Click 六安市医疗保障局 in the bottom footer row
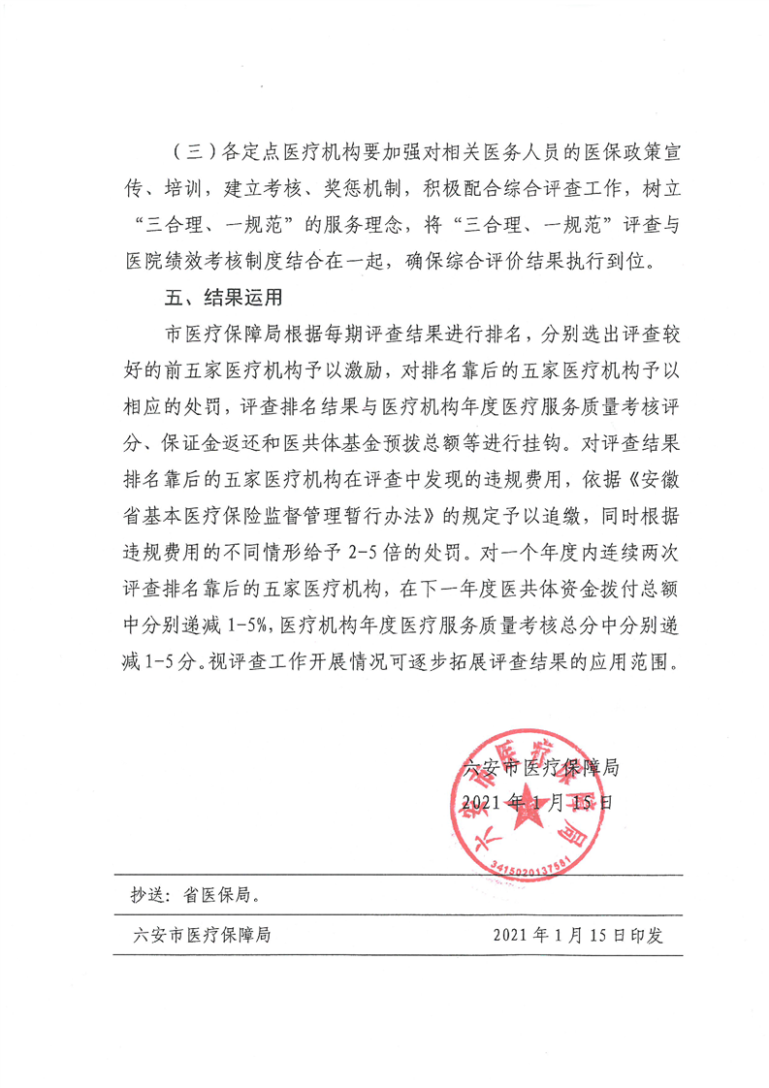(200, 935)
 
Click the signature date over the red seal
(539, 802)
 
